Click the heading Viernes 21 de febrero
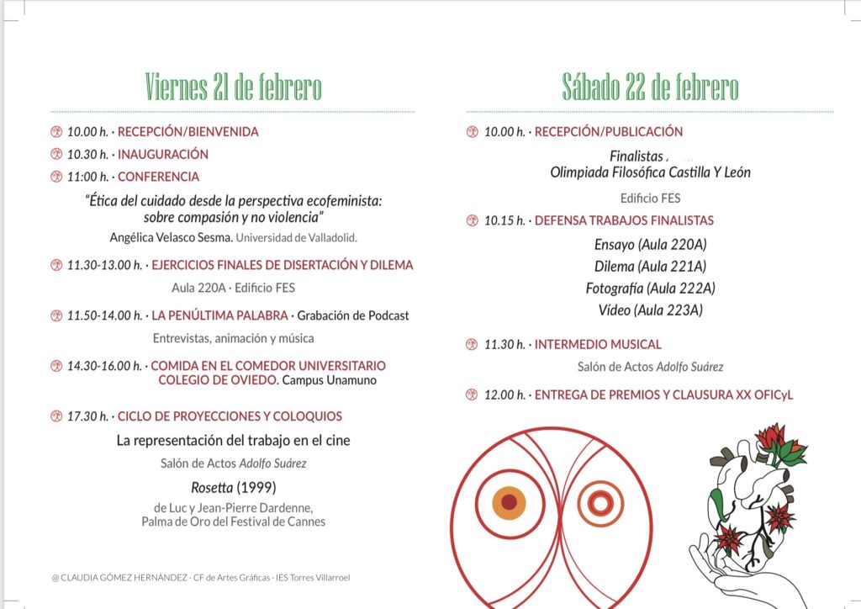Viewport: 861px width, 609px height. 233,87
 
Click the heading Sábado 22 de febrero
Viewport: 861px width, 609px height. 650,87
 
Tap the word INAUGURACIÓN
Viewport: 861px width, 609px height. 163,154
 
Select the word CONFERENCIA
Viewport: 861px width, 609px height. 158,177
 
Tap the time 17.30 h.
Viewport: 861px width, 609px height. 87,416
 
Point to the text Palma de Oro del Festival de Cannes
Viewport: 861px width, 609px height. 233,522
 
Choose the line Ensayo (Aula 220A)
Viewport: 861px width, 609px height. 650,245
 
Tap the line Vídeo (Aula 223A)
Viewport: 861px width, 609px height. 650,310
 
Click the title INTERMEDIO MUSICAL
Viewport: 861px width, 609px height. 598,344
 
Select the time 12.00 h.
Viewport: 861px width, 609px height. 504,395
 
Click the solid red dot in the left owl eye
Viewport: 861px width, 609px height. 509,502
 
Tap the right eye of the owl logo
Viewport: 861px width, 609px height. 600,502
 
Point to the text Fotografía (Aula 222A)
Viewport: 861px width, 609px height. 650,289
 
